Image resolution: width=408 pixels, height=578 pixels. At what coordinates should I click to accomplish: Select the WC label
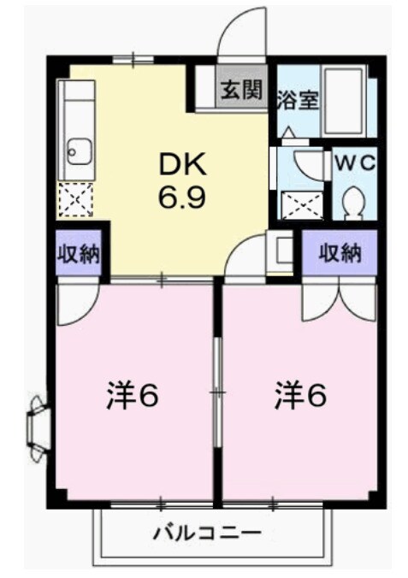(353, 162)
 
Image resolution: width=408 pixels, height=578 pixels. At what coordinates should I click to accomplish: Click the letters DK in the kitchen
(181, 164)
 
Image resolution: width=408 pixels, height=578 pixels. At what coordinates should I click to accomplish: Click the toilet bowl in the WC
(353, 201)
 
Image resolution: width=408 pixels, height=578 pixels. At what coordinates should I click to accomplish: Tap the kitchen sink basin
(74, 153)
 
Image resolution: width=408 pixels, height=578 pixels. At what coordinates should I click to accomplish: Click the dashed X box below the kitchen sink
(74, 200)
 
